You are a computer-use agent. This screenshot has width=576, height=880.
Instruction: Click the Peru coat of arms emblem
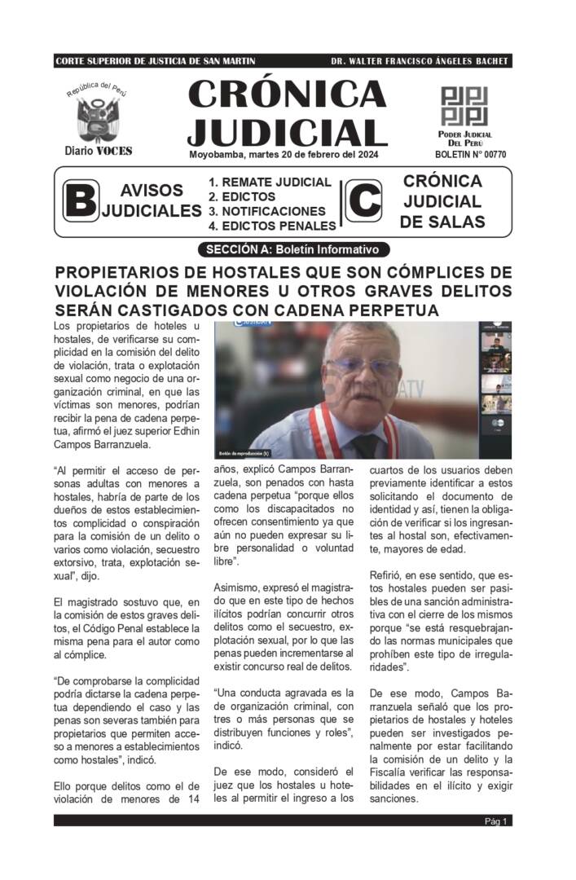coord(98,119)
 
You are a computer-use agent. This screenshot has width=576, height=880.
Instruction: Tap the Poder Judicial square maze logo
coord(463,105)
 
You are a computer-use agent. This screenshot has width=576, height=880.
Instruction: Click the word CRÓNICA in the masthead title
coord(287,95)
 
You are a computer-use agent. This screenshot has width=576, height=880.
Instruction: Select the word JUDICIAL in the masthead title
coord(287,131)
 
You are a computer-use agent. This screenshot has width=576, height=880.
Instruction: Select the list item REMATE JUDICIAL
coord(270,183)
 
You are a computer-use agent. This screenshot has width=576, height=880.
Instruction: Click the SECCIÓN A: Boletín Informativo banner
coord(293,249)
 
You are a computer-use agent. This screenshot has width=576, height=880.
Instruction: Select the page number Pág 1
coord(496,821)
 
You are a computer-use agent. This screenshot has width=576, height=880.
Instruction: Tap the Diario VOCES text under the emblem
coord(98,151)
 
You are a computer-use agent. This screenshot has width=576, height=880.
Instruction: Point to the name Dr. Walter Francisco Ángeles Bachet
coord(420,62)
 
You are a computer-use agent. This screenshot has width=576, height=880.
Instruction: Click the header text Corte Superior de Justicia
coord(155,62)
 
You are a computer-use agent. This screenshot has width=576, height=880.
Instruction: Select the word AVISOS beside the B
coord(152,191)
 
